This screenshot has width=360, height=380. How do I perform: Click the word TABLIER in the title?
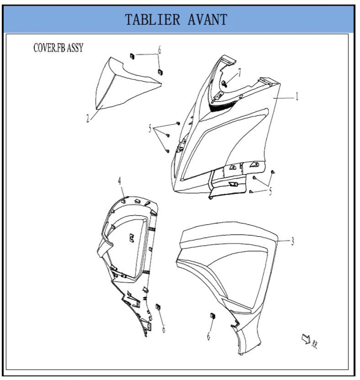[152, 20]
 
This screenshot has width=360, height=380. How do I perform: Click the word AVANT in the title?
[207, 20]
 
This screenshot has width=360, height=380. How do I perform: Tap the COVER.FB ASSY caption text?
[58, 47]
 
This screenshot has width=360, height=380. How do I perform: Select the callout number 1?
[297, 97]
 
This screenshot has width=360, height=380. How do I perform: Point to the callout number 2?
[87, 118]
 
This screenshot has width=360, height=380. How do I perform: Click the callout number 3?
[293, 241]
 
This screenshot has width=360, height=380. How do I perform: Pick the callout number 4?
[120, 181]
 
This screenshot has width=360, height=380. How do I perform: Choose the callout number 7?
[240, 72]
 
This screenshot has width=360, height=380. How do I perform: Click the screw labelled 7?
[224, 84]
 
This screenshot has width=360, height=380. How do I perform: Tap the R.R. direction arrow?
[306, 339]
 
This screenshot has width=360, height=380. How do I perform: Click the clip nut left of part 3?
[213, 316]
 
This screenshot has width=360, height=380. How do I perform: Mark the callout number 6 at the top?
[160, 50]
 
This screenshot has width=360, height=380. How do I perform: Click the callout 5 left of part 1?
[150, 129]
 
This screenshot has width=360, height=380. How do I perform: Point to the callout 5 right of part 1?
[271, 191]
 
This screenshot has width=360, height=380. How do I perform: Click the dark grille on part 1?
[222, 106]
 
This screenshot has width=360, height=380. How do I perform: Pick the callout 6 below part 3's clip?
[209, 336]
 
